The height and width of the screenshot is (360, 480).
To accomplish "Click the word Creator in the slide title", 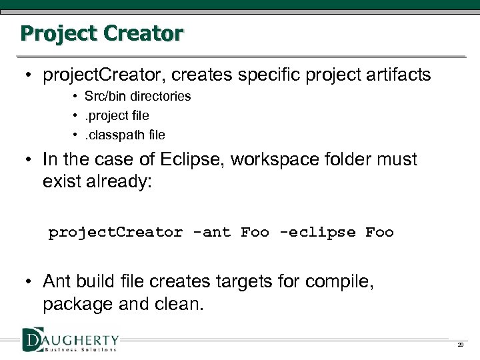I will tap(143, 33).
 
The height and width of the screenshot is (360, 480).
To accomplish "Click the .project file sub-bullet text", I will tap(117, 115).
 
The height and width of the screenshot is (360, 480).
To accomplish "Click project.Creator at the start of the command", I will tap(115, 233).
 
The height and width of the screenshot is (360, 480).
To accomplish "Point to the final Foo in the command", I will tap(379, 233).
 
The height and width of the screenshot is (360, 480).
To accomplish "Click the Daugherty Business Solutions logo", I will tap(70, 340).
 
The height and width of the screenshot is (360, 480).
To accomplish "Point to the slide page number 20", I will tap(460, 345).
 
